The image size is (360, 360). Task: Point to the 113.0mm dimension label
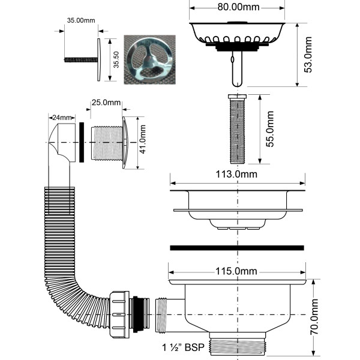point(237,175)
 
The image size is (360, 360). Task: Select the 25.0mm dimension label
point(105,103)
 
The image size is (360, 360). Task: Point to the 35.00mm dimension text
point(81,20)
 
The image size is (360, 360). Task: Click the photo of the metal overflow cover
point(147,58)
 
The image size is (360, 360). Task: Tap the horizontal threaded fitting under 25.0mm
point(108,143)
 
